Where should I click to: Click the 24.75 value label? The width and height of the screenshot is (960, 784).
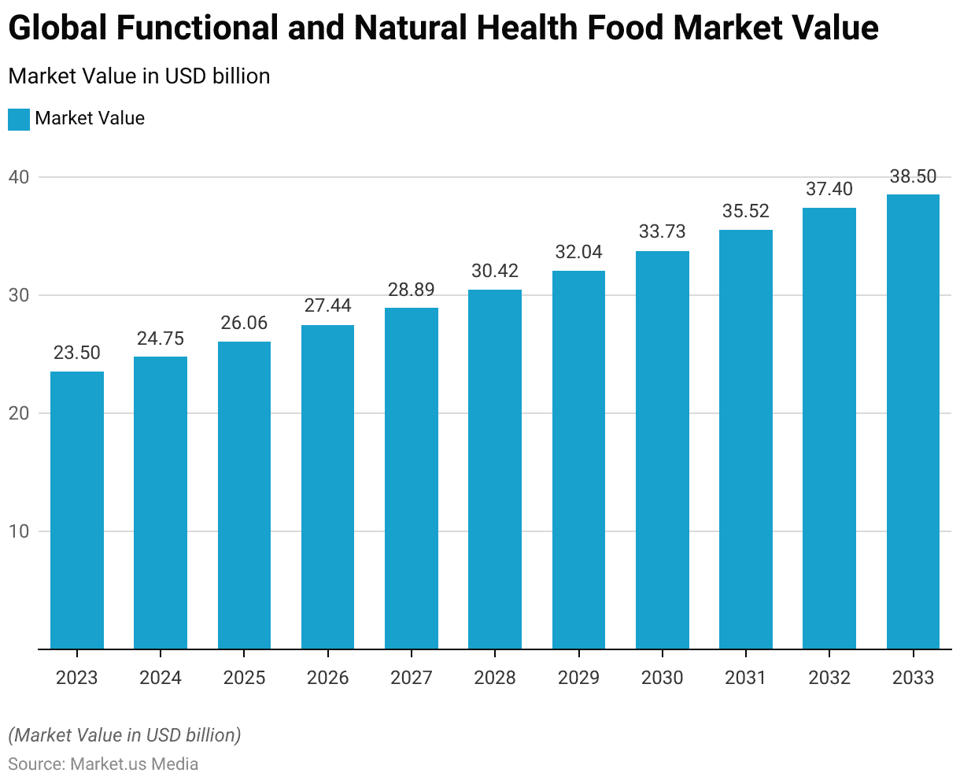pyautogui.click(x=161, y=338)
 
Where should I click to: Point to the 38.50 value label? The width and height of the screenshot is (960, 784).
pyautogui.click(x=913, y=176)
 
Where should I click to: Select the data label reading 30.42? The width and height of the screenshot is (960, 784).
pyautogui.click(x=495, y=272)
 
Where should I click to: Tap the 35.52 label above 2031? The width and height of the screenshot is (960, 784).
pyautogui.click(x=746, y=211)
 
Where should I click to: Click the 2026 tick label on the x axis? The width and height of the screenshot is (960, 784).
pyautogui.click(x=328, y=678)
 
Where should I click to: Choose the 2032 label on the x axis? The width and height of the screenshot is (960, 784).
pyautogui.click(x=829, y=678)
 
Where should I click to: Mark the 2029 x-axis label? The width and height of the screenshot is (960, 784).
pyautogui.click(x=578, y=678)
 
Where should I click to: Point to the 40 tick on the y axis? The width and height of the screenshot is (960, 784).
pyautogui.click(x=19, y=177)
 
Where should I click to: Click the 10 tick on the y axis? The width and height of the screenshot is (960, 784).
pyautogui.click(x=19, y=531)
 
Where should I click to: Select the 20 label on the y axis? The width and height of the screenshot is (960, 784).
pyautogui.click(x=19, y=413)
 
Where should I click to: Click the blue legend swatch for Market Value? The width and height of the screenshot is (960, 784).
pyautogui.click(x=19, y=119)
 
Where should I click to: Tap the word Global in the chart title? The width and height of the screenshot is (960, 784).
pyautogui.click(x=57, y=29)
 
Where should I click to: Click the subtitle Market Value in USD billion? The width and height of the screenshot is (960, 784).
pyautogui.click(x=139, y=76)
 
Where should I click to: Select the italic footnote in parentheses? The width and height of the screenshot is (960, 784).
pyautogui.click(x=124, y=735)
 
